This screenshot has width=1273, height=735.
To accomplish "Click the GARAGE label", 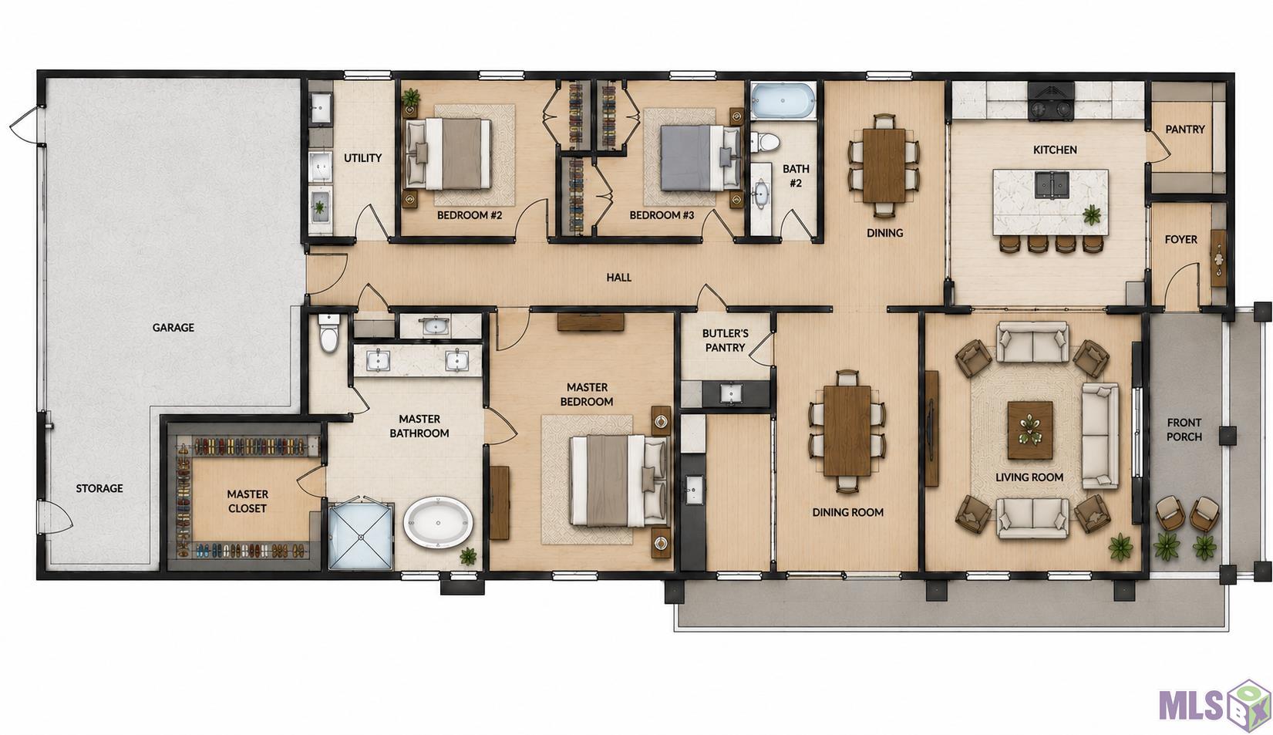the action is tap(173, 328).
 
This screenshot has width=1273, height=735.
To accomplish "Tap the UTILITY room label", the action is tap(362, 158).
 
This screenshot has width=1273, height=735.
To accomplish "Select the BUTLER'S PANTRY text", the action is tap(725, 340).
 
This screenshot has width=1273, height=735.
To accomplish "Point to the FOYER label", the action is tap(1181, 240).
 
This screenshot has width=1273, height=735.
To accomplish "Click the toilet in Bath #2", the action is tap(763, 142).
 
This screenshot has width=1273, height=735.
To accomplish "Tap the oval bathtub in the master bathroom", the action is tap(438, 522).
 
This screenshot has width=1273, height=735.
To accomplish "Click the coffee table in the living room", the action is tap(1030, 430).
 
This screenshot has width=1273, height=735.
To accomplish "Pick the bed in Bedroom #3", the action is tap(700, 157).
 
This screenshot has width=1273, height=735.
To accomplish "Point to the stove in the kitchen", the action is tap(1051, 103).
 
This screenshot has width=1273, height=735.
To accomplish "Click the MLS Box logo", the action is tap(1215, 704).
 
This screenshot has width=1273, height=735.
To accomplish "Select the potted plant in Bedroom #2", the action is tap(411, 99).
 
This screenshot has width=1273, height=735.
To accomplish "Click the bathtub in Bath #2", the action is tap(783, 101).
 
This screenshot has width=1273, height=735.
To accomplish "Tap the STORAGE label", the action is tap(99, 488).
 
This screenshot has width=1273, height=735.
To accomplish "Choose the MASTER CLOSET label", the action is tap(248, 501).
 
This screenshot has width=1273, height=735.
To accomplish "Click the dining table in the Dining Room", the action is tap(847, 431).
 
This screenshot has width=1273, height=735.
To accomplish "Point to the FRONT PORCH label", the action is tap(1184, 430).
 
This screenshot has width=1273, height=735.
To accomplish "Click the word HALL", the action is tap(619, 278).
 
